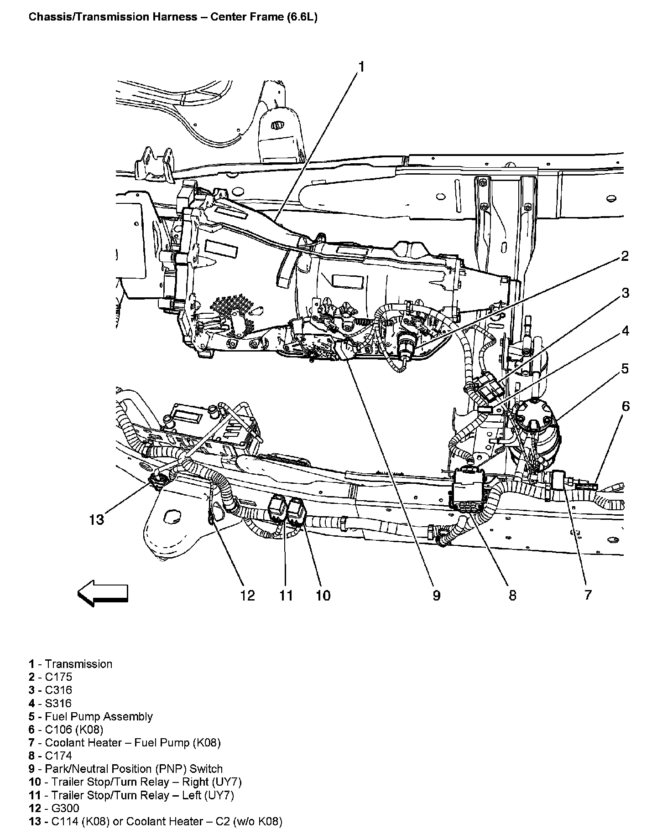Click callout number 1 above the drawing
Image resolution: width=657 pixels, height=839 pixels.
tap(360, 67)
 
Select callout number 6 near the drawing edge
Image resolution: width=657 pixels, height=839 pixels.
tap(625, 406)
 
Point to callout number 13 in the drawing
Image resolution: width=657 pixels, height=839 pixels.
tap(97, 519)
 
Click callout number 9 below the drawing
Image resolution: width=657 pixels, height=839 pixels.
tap(437, 595)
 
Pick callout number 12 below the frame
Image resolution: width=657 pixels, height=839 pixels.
tap(247, 595)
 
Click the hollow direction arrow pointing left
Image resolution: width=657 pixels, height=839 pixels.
tap(103, 593)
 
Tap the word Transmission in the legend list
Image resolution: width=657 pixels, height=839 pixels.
tap(78, 664)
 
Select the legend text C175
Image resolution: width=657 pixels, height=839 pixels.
tap(58, 677)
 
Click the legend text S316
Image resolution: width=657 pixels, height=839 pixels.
tap(58, 703)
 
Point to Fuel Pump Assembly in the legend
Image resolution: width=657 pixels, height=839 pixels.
tap(99, 716)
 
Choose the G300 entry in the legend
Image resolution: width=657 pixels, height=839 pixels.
tap(62, 808)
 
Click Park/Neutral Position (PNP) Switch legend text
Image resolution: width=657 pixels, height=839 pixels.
tap(134, 769)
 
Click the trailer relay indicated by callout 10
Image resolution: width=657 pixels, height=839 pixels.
tap(295, 511)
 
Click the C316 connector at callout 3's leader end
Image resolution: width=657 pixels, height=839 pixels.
tap(489, 388)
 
